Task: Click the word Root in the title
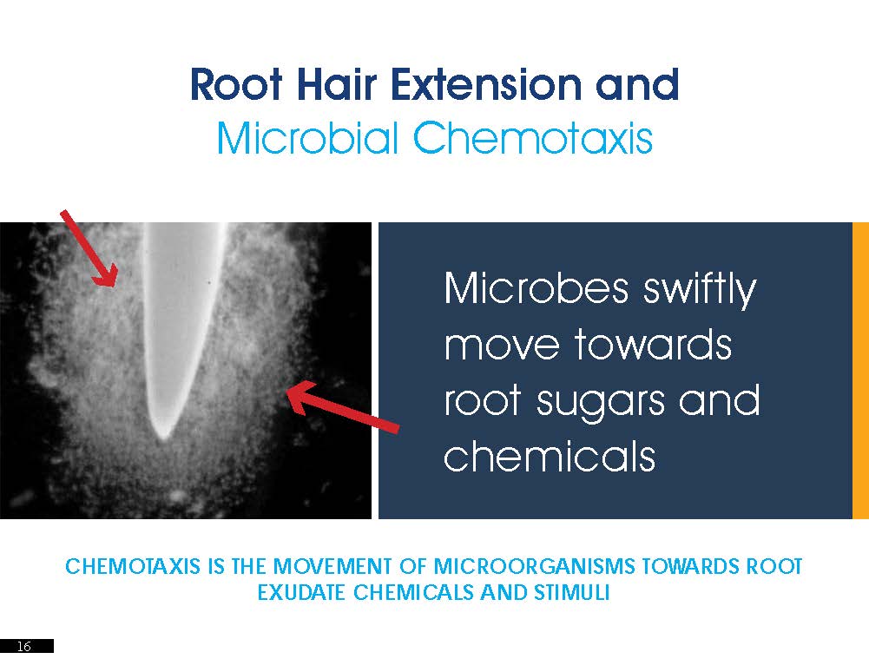pyautogui.click(x=236, y=84)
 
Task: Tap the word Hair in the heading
pyautogui.click(x=337, y=84)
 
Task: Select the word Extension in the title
pyautogui.click(x=485, y=84)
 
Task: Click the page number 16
pyautogui.click(x=23, y=646)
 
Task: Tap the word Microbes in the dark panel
pyautogui.click(x=537, y=288)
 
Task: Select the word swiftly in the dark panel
pyautogui.click(x=700, y=289)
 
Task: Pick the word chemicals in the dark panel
pyautogui.click(x=550, y=456)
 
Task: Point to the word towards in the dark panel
pyautogui.click(x=652, y=345)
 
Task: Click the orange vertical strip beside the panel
pyautogui.click(x=860, y=371)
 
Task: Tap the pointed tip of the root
pyautogui.click(x=163, y=438)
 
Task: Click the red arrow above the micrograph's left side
pyautogui.click(x=89, y=249)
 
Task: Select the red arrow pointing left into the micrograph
pyautogui.click(x=343, y=407)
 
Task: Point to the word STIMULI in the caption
pyautogui.click(x=572, y=592)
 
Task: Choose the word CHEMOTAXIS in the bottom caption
pyautogui.click(x=133, y=566)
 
